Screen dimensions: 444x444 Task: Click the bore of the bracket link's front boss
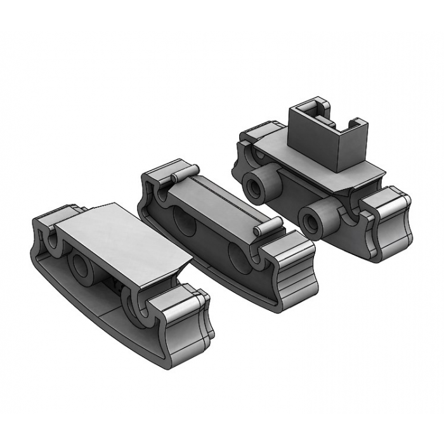(312, 222)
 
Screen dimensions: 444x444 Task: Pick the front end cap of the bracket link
(386, 222)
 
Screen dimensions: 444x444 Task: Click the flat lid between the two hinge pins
(222, 200)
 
